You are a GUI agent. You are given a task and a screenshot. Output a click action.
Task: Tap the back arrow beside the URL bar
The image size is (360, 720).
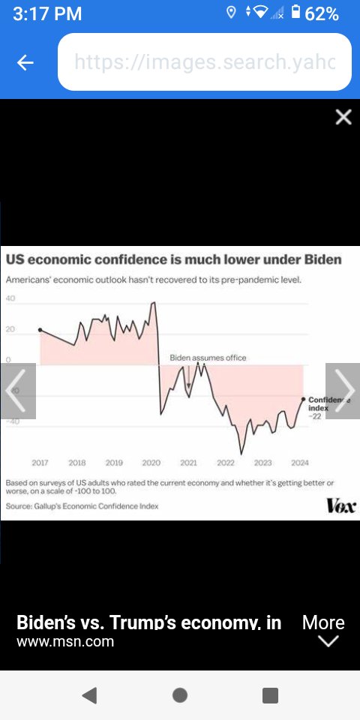(25, 63)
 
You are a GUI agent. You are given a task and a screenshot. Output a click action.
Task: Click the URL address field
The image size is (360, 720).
(204, 62)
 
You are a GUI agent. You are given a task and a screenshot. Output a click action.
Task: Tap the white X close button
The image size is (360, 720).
(343, 117)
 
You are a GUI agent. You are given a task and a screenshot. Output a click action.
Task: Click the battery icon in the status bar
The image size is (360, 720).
(295, 13)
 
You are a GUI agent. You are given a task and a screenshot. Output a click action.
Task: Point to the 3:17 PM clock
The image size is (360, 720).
(47, 13)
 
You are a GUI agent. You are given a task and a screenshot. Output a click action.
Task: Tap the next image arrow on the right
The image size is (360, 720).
(343, 391)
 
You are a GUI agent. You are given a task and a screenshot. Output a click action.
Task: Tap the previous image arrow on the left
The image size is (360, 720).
(17, 391)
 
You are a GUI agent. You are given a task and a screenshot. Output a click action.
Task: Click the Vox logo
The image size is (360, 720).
(341, 506)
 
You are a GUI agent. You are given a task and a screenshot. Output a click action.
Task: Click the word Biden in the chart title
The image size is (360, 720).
(322, 260)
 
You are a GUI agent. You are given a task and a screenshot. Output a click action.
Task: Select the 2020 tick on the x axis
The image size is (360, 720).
(151, 463)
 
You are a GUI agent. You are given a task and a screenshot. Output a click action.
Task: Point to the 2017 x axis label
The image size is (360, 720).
(40, 463)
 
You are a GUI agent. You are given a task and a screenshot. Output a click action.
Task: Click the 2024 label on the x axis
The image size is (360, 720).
(300, 463)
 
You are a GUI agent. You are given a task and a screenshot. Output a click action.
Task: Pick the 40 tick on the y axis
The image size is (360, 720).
(10, 298)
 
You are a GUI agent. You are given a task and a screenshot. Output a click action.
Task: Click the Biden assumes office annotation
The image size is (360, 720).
(208, 358)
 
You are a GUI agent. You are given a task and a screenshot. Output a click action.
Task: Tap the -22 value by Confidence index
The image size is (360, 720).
(316, 415)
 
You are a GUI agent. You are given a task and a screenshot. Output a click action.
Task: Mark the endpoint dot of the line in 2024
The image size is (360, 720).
(303, 399)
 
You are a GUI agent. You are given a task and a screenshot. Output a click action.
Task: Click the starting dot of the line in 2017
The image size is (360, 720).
(40, 330)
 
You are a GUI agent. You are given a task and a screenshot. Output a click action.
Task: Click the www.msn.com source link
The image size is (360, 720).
(65, 642)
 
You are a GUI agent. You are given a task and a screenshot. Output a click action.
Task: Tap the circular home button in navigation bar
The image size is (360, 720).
(180, 695)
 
